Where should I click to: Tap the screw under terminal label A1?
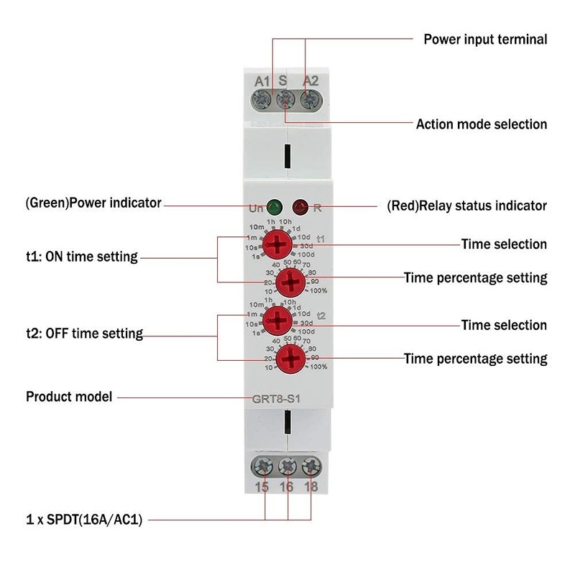click(262, 99)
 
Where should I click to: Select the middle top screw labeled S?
click(286, 99)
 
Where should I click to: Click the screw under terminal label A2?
click(310, 99)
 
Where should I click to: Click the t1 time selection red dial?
click(274, 244)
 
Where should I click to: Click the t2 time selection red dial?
click(274, 318)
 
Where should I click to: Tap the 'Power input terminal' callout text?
click(485, 40)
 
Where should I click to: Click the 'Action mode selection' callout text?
click(482, 124)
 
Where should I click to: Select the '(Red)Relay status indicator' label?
click(466, 206)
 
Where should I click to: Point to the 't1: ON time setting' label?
click(81, 257)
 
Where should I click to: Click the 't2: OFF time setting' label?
click(84, 333)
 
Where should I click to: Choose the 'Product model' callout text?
click(69, 396)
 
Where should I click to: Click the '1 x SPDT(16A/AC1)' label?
click(84, 519)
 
